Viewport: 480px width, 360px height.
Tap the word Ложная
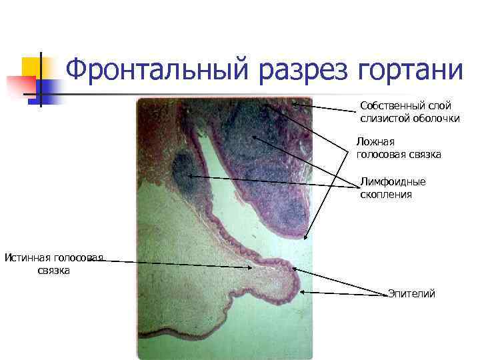[x=375, y=142]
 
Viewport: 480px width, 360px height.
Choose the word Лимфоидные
[x=393, y=181]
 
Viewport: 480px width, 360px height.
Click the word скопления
[x=386, y=195]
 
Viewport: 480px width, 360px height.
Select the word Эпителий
[x=411, y=293]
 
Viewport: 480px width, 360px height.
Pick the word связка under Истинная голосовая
[x=54, y=271]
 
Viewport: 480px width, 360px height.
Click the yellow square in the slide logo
[x=33, y=67]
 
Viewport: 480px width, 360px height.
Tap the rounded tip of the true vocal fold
[x=293, y=283]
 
